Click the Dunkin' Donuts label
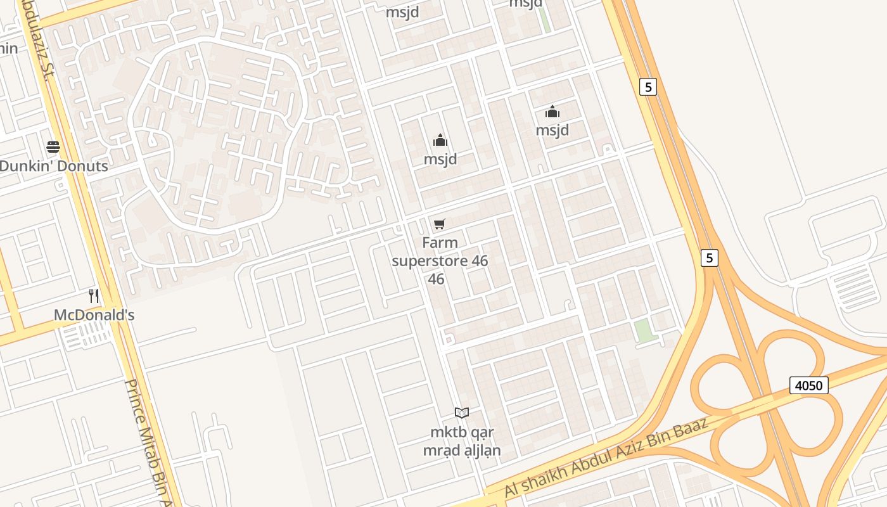pos(54,166)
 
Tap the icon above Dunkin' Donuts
pos(53,148)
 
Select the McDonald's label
pos(94,315)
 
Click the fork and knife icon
pos(94,295)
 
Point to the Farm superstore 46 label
pos(440,260)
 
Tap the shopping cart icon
pos(440,224)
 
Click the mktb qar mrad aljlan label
pos(462,441)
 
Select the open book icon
pos(462,413)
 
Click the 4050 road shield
pos(809,385)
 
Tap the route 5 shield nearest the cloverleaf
pos(710,258)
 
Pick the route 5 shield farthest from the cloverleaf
pos(648,87)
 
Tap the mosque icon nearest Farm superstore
pos(440,140)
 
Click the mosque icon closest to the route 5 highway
pos(552,112)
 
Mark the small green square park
pos(644,331)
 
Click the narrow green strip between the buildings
pos(544,19)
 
